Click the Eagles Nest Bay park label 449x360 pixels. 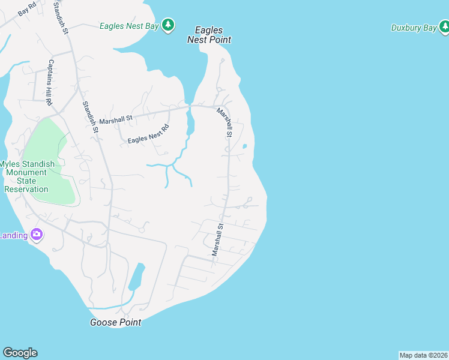pyautogui.click(x=128, y=26)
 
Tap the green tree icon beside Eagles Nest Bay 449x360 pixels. pyautogui.click(x=169, y=25)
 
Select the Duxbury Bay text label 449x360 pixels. pyautogui.click(x=414, y=28)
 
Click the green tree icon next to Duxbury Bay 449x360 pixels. pyautogui.click(x=443, y=26)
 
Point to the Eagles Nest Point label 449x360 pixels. pyautogui.click(x=209, y=35)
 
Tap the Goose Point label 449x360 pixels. pyautogui.click(x=115, y=322)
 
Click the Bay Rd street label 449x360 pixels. pyautogui.click(x=28, y=11)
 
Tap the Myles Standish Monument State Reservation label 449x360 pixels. pyautogui.click(x=27, y=176)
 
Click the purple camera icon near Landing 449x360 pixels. pyautogui.click(x=37, y=234)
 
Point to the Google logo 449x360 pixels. pyautogui.click(x=20, y=352)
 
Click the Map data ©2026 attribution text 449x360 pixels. pyautogui.click(x=423, y=355)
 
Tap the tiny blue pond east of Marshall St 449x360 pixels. pyautogui.click(x=244, y=146)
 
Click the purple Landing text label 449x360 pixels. pyautogui.click(x=13, y=235)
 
